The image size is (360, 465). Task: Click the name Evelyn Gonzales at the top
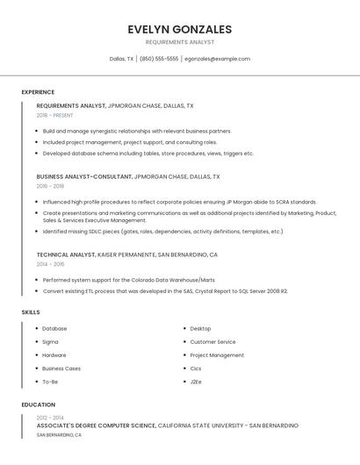(x=179, y=28)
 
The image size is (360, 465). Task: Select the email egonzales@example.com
(x=217, y=59)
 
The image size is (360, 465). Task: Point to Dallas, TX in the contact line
(x=121, y=59)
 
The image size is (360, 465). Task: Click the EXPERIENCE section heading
(x=38, y=92)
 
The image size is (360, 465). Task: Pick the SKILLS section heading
(x=31, y=311)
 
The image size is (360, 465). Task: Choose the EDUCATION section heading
(x=38, y=404)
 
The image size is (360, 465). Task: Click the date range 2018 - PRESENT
(x=54, y=115)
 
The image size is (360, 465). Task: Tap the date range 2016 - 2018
(x=50, y=186)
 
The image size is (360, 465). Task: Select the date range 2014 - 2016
(x=50, y=264)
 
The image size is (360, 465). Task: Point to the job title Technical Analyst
(x=66, y=254)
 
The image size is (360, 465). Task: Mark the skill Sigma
(x=50, y=342)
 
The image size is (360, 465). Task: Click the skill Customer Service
(x=212, y=342)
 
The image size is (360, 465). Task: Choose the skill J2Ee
(x=196, y=382)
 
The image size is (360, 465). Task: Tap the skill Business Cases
(x=61, y=368)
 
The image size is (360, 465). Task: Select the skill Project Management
(x=217, y=355)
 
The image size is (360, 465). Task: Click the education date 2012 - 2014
(x=50, y=418)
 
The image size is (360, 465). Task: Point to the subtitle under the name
(x=179, y=42)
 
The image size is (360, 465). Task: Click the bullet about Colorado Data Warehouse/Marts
(x=128, y=281)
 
